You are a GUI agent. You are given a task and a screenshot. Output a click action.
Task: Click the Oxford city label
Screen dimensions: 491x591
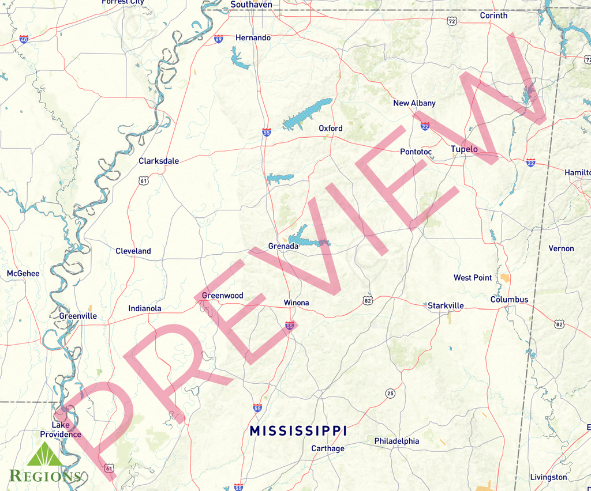pyautogui.click(x=331, y=129)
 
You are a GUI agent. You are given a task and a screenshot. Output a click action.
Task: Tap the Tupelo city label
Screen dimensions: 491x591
pyautogui.click(x=464, y=149)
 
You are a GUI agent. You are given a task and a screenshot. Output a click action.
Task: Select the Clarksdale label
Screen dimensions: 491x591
pyautogui.click(x=159, y=161)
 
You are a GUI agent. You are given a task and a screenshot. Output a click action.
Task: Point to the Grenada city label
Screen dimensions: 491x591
pyautogui.click(x=283, y=246)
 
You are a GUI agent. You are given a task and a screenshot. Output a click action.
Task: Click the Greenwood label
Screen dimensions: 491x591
pyautogui.click(x=222, y=296)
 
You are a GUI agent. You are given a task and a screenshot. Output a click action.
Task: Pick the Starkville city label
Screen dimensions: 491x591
pyautogui.click(x=446, y=305)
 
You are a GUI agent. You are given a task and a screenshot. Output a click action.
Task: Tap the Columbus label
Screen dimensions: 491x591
pyautogui.click(x=509, y=300)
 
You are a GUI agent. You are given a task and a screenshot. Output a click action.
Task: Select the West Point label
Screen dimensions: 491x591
pyautogui.click(x=473, y=278)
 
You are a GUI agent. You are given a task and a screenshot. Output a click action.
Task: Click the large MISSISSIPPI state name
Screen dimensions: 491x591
pyautogui.click(x=298, y=430)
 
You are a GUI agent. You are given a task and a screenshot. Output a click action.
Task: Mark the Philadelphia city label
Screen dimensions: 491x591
pyautogui.click(x=397, y=441)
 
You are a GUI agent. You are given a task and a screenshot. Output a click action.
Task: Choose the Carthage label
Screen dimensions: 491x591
pyautogui.click(x=328, y=448)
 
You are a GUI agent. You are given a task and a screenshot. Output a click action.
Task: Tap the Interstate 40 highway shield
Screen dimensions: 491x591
pyautogui.click(x=24, y=39)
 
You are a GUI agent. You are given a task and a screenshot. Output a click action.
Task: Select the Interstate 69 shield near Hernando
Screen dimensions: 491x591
pyautogui.click(x=218, y=39)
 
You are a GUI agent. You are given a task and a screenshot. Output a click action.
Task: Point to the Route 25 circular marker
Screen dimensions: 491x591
pyautogui.click(x=390, y=394)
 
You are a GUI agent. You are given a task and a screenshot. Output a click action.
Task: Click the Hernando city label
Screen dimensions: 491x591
pyautogui.click(x=253, y=38)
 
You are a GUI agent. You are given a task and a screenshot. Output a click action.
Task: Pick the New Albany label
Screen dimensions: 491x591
pyautogui.click(x=414, y=103)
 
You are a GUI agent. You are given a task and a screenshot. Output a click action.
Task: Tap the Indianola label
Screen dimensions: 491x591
pyautogui.click(x=145, y=309)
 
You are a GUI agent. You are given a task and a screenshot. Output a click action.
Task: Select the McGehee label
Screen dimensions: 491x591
pyautogui.click(x=23, y=274)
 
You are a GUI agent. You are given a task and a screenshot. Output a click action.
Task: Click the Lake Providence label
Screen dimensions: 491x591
pyautogui.click(x=61, y=429)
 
